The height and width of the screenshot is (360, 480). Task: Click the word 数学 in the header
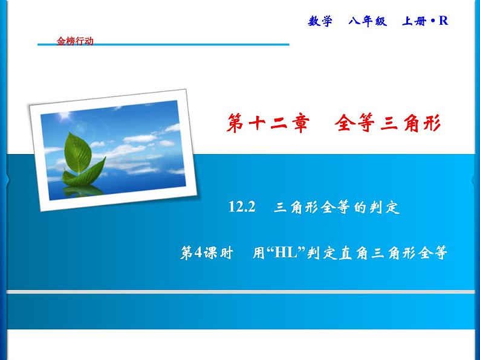click(x=320, y=21)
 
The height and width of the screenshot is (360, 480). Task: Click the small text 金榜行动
click(x=75, y=42)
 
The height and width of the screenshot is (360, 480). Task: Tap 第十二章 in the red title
click(x=268, y=123)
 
